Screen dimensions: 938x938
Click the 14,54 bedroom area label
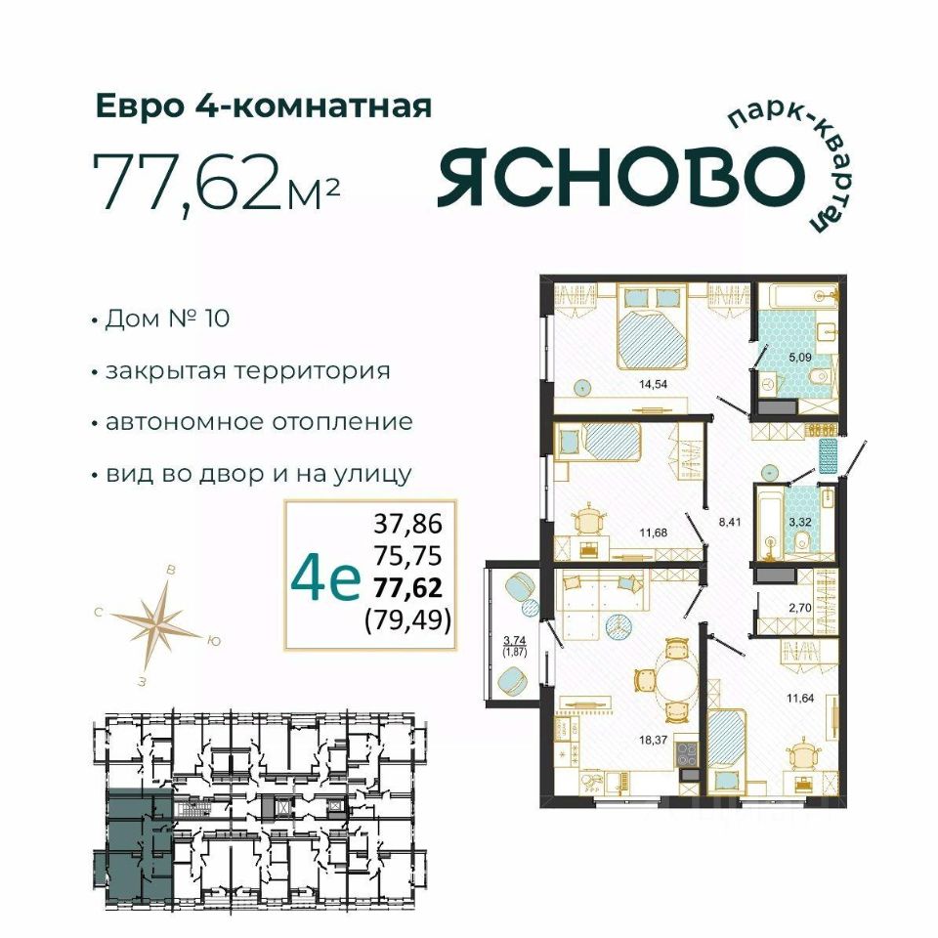[653, 385]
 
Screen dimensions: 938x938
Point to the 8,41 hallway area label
[730, 521]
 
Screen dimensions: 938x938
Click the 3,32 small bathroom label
[800, 522]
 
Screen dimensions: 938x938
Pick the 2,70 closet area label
[800, 609]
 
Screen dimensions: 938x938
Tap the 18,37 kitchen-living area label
[653, 740]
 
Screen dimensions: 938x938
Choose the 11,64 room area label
[800, 697]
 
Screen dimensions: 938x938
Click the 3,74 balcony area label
[515, 639]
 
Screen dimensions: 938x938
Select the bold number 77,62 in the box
[408, 587]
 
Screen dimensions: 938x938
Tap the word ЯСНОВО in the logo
[618, 175]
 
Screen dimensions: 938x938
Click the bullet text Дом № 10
[167, 319]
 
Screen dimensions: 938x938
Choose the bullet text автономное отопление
[259, 422]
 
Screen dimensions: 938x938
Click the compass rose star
[158, 623]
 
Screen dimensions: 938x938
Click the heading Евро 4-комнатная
[264, 107]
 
